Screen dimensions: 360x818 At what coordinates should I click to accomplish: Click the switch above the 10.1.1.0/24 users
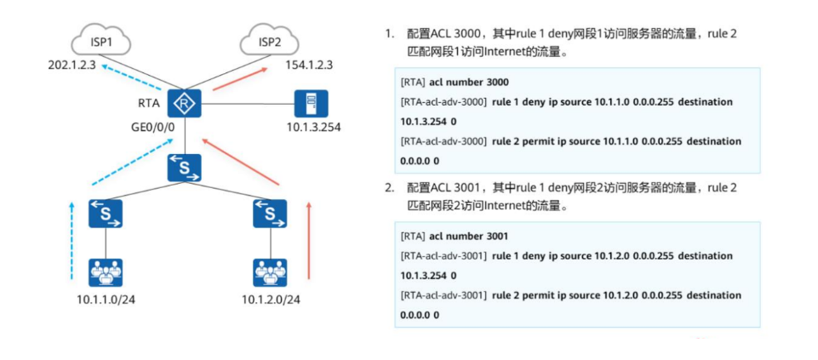coord(105,213)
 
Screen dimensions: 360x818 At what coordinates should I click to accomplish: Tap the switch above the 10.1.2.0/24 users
coord(270,213)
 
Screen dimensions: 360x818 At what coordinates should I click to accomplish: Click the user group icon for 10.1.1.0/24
coord(105,272)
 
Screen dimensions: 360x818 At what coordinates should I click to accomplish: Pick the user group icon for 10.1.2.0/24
coord(270,272)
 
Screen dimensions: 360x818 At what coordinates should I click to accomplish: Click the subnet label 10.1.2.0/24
coord(271,300)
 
